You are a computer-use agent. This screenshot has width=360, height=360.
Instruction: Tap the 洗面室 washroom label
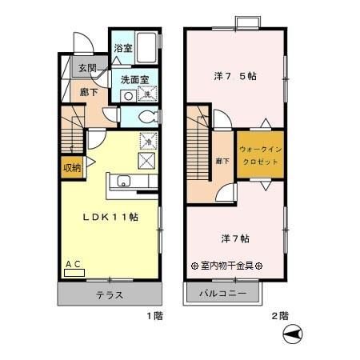(x=134, y=79)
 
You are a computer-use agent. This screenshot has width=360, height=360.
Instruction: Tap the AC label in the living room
(x=73, y=263)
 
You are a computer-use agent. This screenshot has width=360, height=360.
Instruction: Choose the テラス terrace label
(x=110, y=294)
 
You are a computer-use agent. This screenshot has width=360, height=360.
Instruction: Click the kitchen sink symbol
(x=124, y=181)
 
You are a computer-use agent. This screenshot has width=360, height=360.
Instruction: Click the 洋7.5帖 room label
(x=235, y=77)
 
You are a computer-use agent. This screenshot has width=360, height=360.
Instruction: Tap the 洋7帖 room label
(x=234, y=238)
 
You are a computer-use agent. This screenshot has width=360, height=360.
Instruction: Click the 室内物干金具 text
(x=227, y=266)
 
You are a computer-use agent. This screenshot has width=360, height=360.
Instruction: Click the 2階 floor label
(x=279, y=316)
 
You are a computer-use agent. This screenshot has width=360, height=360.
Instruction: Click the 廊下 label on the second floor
(x=222, y=162)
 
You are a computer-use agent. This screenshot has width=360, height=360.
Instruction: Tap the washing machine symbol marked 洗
(x=147, y=94)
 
